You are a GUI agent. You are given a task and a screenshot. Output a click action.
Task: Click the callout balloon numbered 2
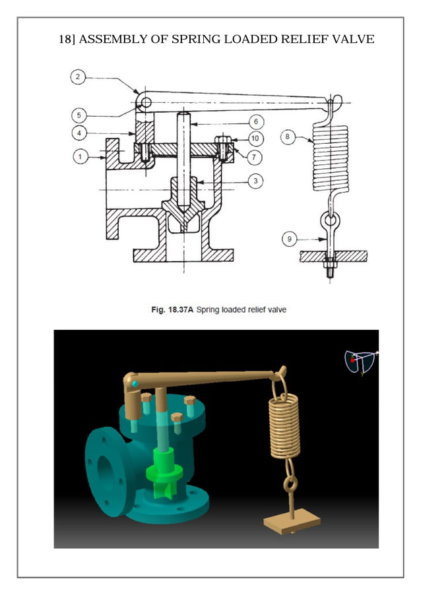coord(78,78)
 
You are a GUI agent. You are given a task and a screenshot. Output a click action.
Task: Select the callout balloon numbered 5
coord(78,115)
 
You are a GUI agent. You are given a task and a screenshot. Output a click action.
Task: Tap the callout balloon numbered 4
coord(78,134)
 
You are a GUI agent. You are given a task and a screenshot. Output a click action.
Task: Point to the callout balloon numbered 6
coord(255,122)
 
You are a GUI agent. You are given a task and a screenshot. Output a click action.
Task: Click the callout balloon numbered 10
coord(255,139)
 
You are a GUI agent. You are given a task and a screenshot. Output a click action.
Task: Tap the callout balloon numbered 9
coord(289,239)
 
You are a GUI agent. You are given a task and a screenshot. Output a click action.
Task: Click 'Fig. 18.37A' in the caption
coord(171,309)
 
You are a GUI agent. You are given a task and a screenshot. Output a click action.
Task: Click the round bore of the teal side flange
coord(105,470)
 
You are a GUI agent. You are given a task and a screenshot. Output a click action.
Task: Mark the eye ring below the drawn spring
coord(329,219)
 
